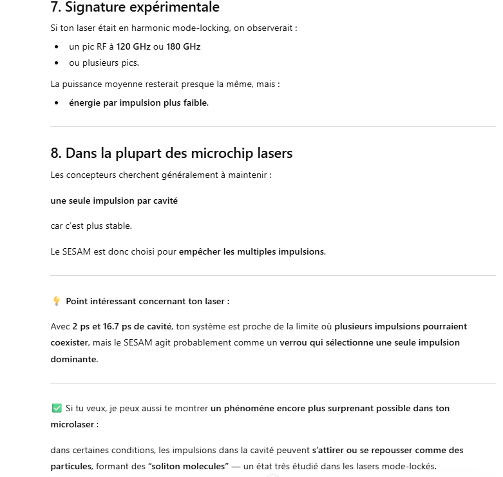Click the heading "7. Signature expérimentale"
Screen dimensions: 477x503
click(135, 8)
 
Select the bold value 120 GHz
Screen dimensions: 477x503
click(133, 47)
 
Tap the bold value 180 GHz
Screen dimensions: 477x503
click(183, 47)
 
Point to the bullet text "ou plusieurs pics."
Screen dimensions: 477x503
click(104, 63)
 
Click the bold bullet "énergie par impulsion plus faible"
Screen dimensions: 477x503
click(138, 102)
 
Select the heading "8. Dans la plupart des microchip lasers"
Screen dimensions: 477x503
click(171, 153)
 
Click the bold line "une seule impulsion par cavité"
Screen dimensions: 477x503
click(114, 200)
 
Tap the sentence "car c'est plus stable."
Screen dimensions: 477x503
click(91, 226)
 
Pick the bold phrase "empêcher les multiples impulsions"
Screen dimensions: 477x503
click(252, 251)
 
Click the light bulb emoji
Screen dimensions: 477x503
click(56, 301)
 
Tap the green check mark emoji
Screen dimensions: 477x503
click(56, 408)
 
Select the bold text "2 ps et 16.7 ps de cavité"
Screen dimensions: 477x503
click(122, 326)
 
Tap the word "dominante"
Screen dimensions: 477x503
click(73, 359)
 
